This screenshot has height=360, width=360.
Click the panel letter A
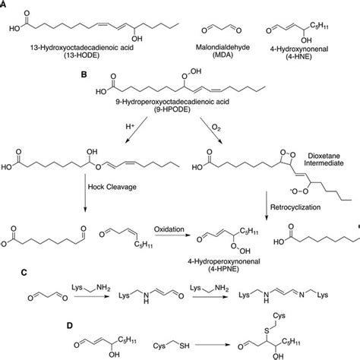pos(4,5)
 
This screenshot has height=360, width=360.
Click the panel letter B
pos(94,76)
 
